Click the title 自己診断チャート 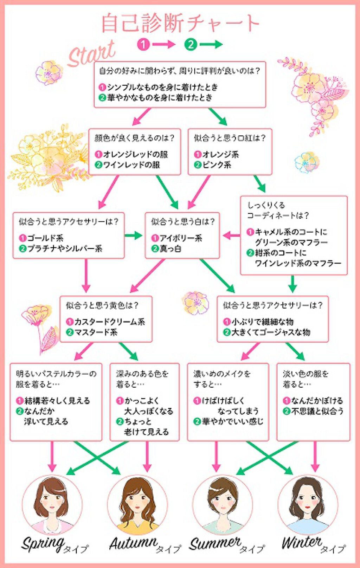180,23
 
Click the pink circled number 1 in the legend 143,44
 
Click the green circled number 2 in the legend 191,44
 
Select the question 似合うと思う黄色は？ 102,305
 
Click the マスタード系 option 95,332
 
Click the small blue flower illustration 306,162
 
